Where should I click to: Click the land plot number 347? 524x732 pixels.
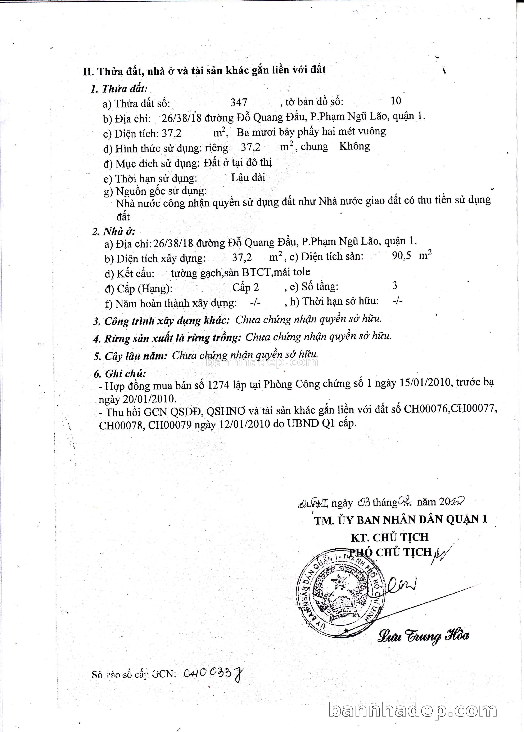[239, 102]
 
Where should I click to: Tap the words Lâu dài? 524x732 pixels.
[248, 177]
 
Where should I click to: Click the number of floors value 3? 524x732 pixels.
[395, 285]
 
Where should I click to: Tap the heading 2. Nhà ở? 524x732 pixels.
[114, 231]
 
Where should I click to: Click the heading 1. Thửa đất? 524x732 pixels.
[119, 88]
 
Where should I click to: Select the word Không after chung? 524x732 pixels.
[354, 146]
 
